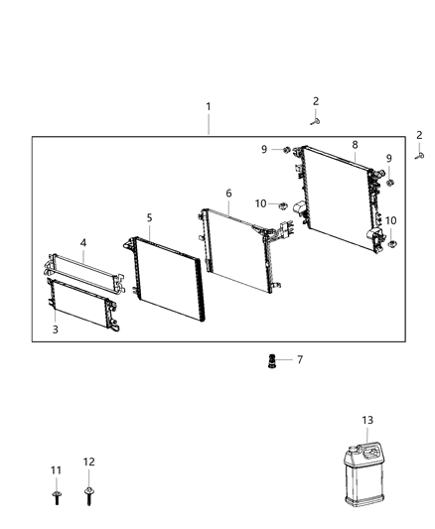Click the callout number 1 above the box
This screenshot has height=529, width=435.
tap(208, 106)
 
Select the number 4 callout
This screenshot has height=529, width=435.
tap(83, 242)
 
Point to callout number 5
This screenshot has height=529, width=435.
tap(150, 216)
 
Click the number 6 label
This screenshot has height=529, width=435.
tap(228, 194)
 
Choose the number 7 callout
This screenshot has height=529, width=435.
tap(299, 359)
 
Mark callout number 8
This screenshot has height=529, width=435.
tap(355, 145)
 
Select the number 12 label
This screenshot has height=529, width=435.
tap(89, 462)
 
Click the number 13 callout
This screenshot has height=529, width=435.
tap(367, 421)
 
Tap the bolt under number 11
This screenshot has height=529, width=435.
tap(56, 493)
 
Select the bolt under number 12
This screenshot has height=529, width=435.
tap(89, 492)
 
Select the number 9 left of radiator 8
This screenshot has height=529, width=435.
tap(265, 150)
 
